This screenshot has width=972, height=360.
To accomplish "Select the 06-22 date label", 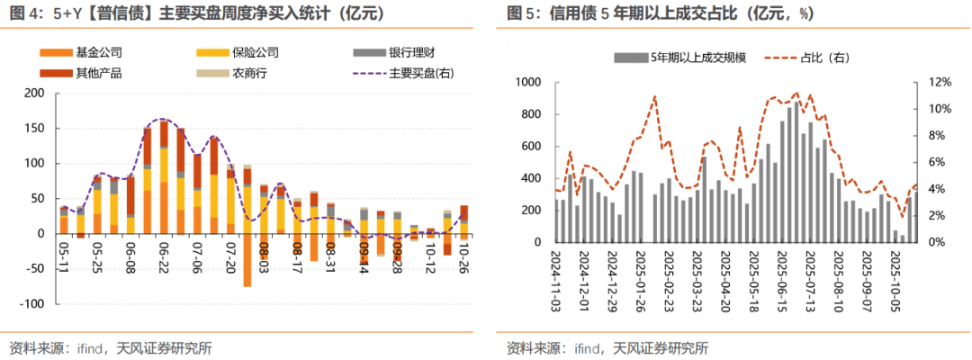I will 165,256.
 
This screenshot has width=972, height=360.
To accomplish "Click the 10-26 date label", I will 464,256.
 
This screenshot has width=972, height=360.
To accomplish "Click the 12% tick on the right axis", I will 938,82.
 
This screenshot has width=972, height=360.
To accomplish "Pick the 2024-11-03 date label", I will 559,280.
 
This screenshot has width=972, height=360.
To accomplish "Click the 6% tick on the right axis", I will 936,162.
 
